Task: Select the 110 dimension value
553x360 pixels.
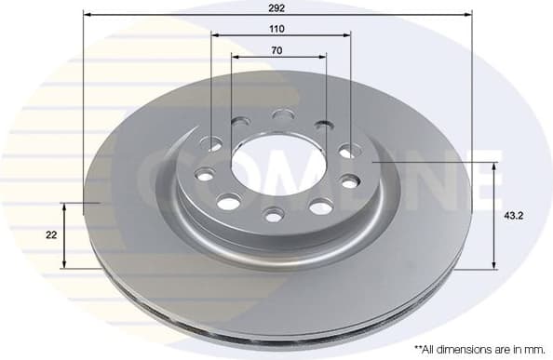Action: pyautogui.click(x=277, y=29)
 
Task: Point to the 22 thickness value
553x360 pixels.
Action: pyautogui.click(x=51, y=235)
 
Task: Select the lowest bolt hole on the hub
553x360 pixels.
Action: pyautogui.click(x=273, y=215)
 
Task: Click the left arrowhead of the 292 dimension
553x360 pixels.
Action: pyautogui.click(x=87, y=14)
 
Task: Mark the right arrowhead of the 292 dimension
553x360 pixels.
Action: pyautogui.click(x=468, y=14)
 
